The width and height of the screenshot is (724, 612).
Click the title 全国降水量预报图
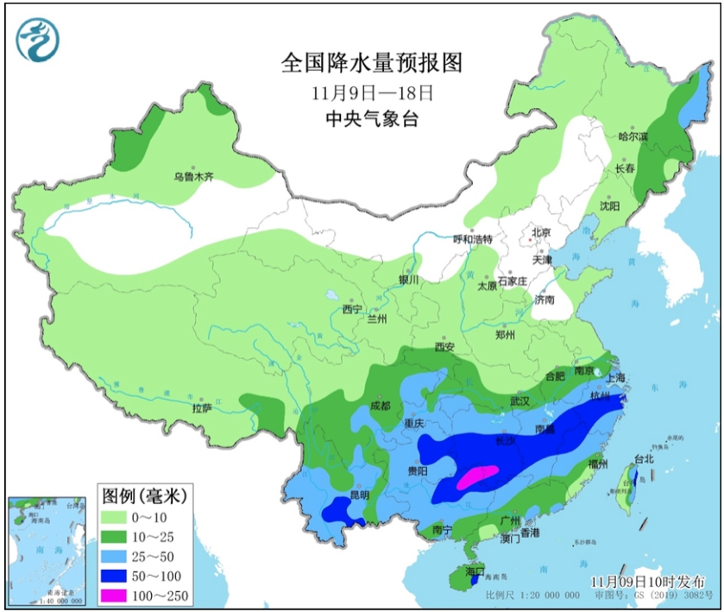click(372, 63)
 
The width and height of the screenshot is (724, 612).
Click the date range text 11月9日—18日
click(372, 91)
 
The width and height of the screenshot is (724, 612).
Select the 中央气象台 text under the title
click(372, 119)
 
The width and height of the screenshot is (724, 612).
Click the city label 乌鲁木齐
click(192, 177)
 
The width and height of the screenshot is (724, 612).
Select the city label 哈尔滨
click(633, 137)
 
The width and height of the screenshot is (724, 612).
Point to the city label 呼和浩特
click(473, 239)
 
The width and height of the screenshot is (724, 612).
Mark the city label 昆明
click(358, 495)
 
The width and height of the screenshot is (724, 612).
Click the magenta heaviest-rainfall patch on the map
click(475, 476)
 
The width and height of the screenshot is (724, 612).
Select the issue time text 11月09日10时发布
click(647, 581)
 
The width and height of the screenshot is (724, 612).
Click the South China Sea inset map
click(47, 550)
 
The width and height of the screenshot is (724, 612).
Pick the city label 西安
click(444, 347)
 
